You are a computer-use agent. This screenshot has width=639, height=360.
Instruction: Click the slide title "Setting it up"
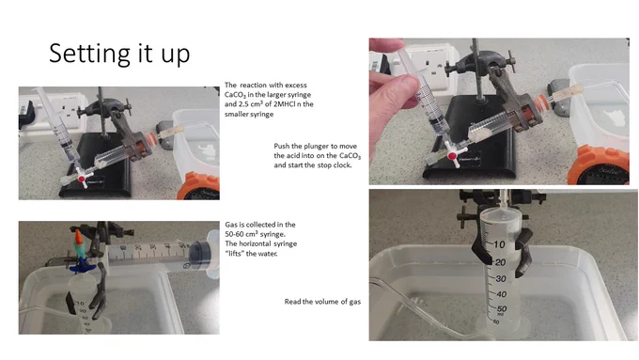tap(119, 55)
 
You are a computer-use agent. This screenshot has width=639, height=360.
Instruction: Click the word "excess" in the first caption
tap(296, 86)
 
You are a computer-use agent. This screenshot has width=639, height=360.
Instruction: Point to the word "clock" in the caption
tap(341, 165)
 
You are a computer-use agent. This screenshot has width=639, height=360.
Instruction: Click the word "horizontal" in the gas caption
tap(261, 243)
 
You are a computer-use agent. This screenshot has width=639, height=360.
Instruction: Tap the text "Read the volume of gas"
tap(322, 302)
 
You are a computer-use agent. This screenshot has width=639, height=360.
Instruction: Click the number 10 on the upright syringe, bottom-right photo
tap(499, 244)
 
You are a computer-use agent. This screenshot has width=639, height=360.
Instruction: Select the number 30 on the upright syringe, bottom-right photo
tap(501, 279)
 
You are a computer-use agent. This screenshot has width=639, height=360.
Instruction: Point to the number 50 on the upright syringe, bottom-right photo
tap(502, 309)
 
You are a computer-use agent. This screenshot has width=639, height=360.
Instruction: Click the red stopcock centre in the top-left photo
tap(82, 179)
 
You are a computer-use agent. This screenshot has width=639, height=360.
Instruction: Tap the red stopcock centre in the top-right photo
tap(452, 155)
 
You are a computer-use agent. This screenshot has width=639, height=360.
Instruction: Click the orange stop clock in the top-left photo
tap(198, 186)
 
